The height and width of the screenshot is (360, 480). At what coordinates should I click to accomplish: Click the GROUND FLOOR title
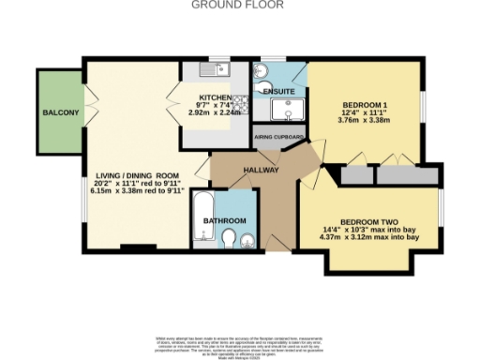239,5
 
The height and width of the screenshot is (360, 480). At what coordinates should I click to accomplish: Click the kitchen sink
212,68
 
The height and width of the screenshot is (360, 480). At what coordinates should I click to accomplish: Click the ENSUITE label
277,91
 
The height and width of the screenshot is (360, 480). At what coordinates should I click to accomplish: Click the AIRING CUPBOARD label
278,137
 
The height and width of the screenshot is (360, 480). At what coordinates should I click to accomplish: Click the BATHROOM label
225,221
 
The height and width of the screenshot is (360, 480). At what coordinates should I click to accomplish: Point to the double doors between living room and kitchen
174,111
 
